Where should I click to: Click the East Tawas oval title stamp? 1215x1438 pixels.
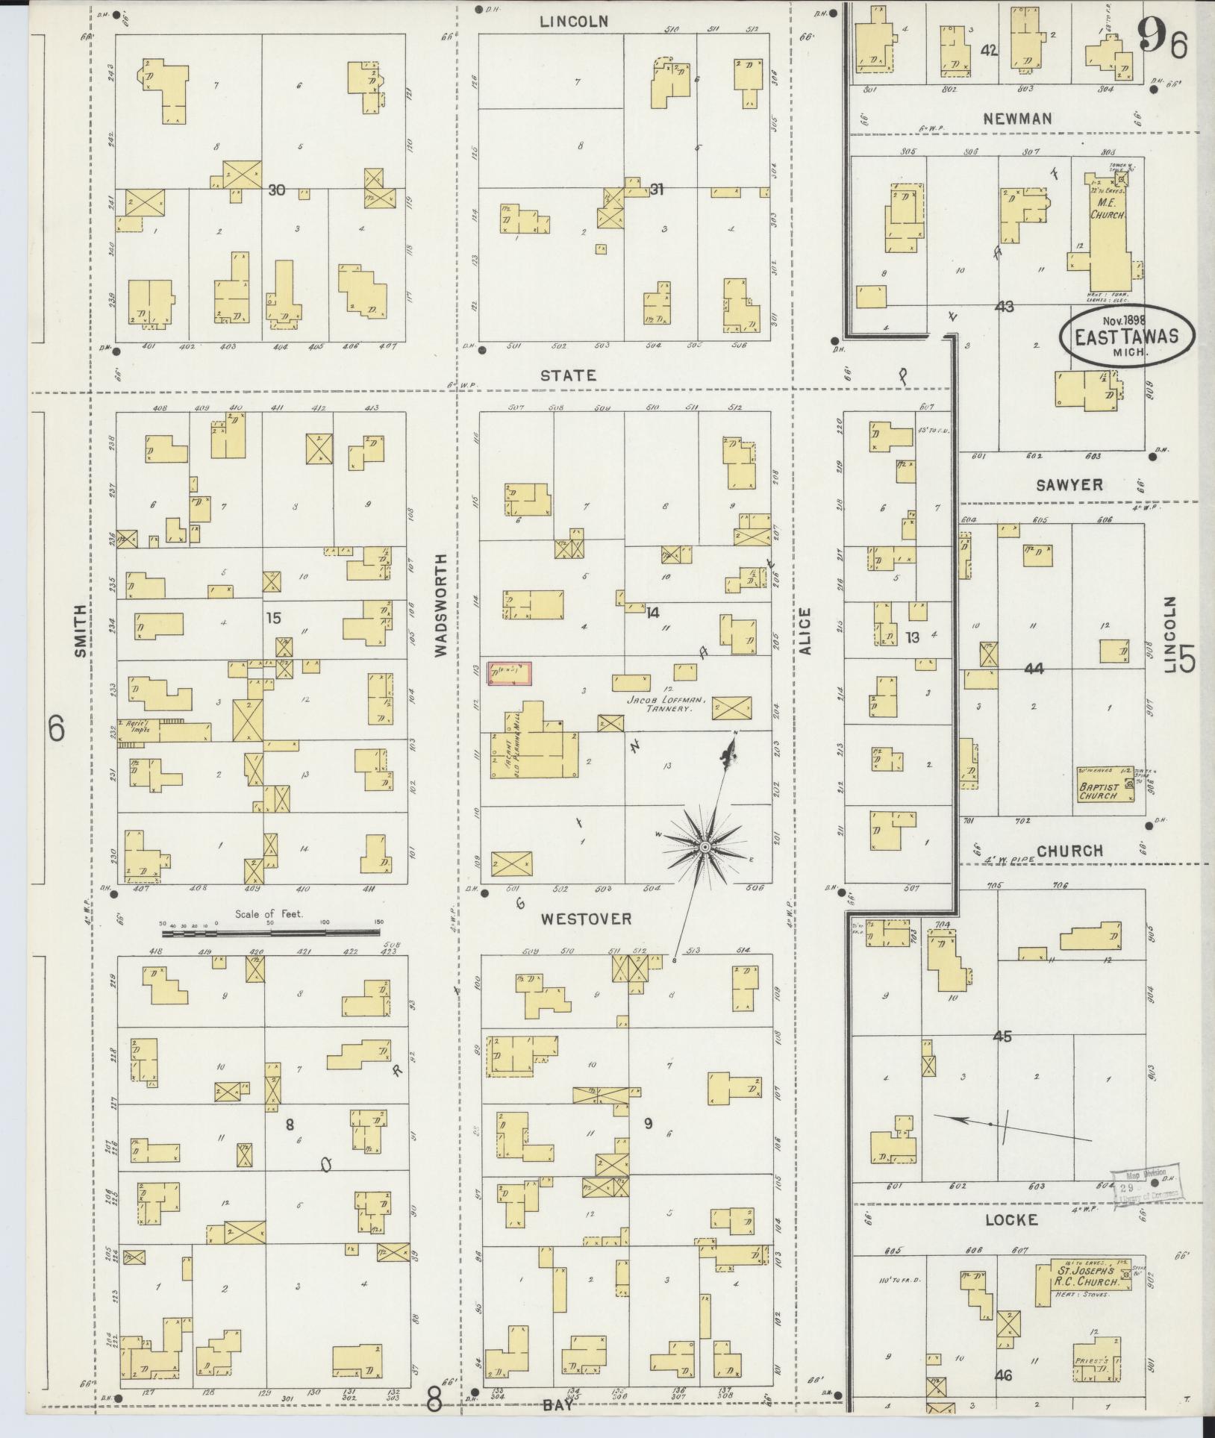coord(1127,336)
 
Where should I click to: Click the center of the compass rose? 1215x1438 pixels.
coord(704,848)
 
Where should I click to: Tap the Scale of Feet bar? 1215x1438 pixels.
coord(270,931)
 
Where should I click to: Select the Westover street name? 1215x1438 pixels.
coord(586,919)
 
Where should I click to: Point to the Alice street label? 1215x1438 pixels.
coord(804,631)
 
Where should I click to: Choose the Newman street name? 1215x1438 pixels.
coord(1017,118)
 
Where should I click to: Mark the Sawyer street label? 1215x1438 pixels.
coord(1069,485)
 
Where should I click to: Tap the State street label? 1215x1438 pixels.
coord(569,375)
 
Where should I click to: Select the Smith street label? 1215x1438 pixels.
coord(81,631)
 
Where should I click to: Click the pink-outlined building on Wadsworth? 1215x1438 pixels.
coord(510,673)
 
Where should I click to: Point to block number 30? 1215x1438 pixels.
coord(276,190)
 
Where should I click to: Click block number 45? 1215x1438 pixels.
coord(1002,1037)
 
